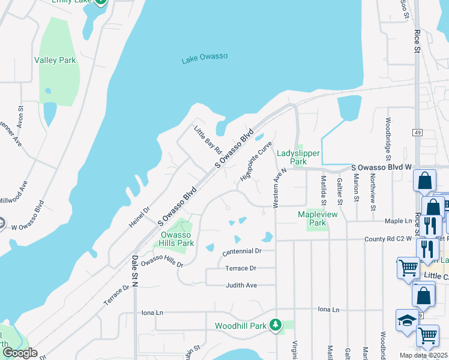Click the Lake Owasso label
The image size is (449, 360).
click(x=205, y=58)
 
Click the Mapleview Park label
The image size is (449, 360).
click(x=318, y=218)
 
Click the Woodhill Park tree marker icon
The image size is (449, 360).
click(x=276, y=325)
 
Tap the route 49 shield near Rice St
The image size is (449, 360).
click(x=417, y=131)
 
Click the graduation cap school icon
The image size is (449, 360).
click(x=406, y=320)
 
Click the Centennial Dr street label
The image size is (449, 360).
click(x=242, y=251)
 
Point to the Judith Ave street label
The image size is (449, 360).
click(x=241, y=285)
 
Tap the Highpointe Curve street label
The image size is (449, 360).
click(x=256, y=161)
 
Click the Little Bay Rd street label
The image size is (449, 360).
click(x=208, y=139)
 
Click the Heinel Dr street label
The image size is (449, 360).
click(x=139, y=217)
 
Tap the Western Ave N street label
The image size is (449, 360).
click(x=277, y=188)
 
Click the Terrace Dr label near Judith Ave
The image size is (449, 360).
click(x=241, y=268)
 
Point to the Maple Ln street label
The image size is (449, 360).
click(x=399, y=221)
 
